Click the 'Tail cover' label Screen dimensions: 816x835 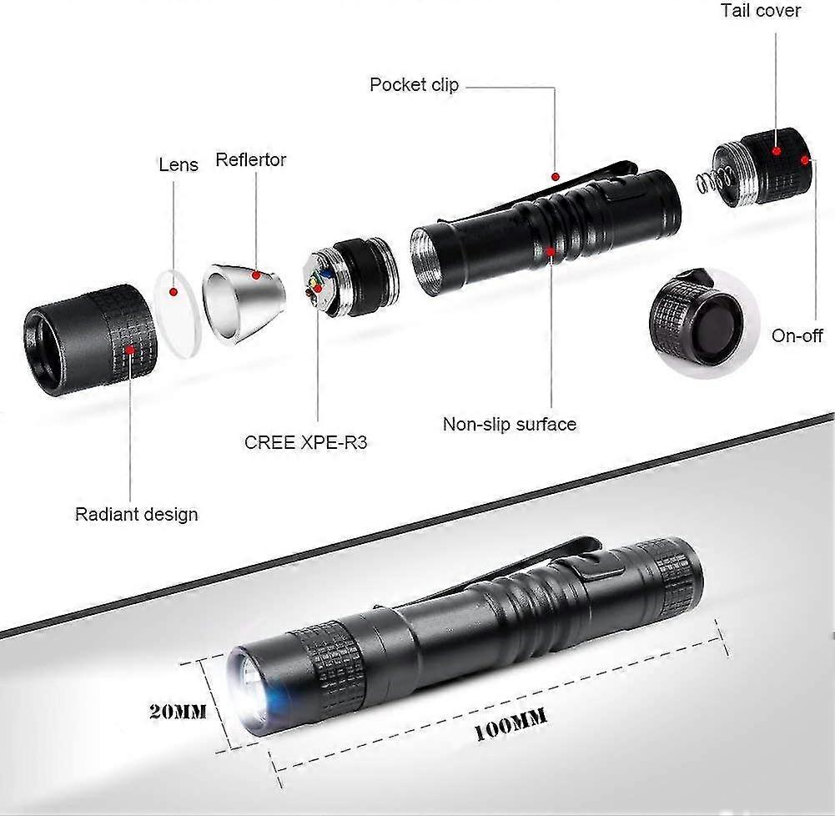coord(760,11)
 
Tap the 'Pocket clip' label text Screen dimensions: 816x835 coord(414,84)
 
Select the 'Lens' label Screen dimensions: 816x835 coord(179,164)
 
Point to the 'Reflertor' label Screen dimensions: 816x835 coord(250,159)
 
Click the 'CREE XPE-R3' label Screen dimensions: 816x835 coord(305,442)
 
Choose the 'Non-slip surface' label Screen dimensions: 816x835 coord(509,424)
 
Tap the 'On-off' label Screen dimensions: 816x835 coord(797,335)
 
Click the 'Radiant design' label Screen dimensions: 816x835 coord(137,514)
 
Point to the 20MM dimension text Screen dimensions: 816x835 coord(177,712)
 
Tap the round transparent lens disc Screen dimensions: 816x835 coord(178,313)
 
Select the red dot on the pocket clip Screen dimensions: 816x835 coord(555,176)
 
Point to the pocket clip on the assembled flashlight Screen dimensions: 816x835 coord(517,565)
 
